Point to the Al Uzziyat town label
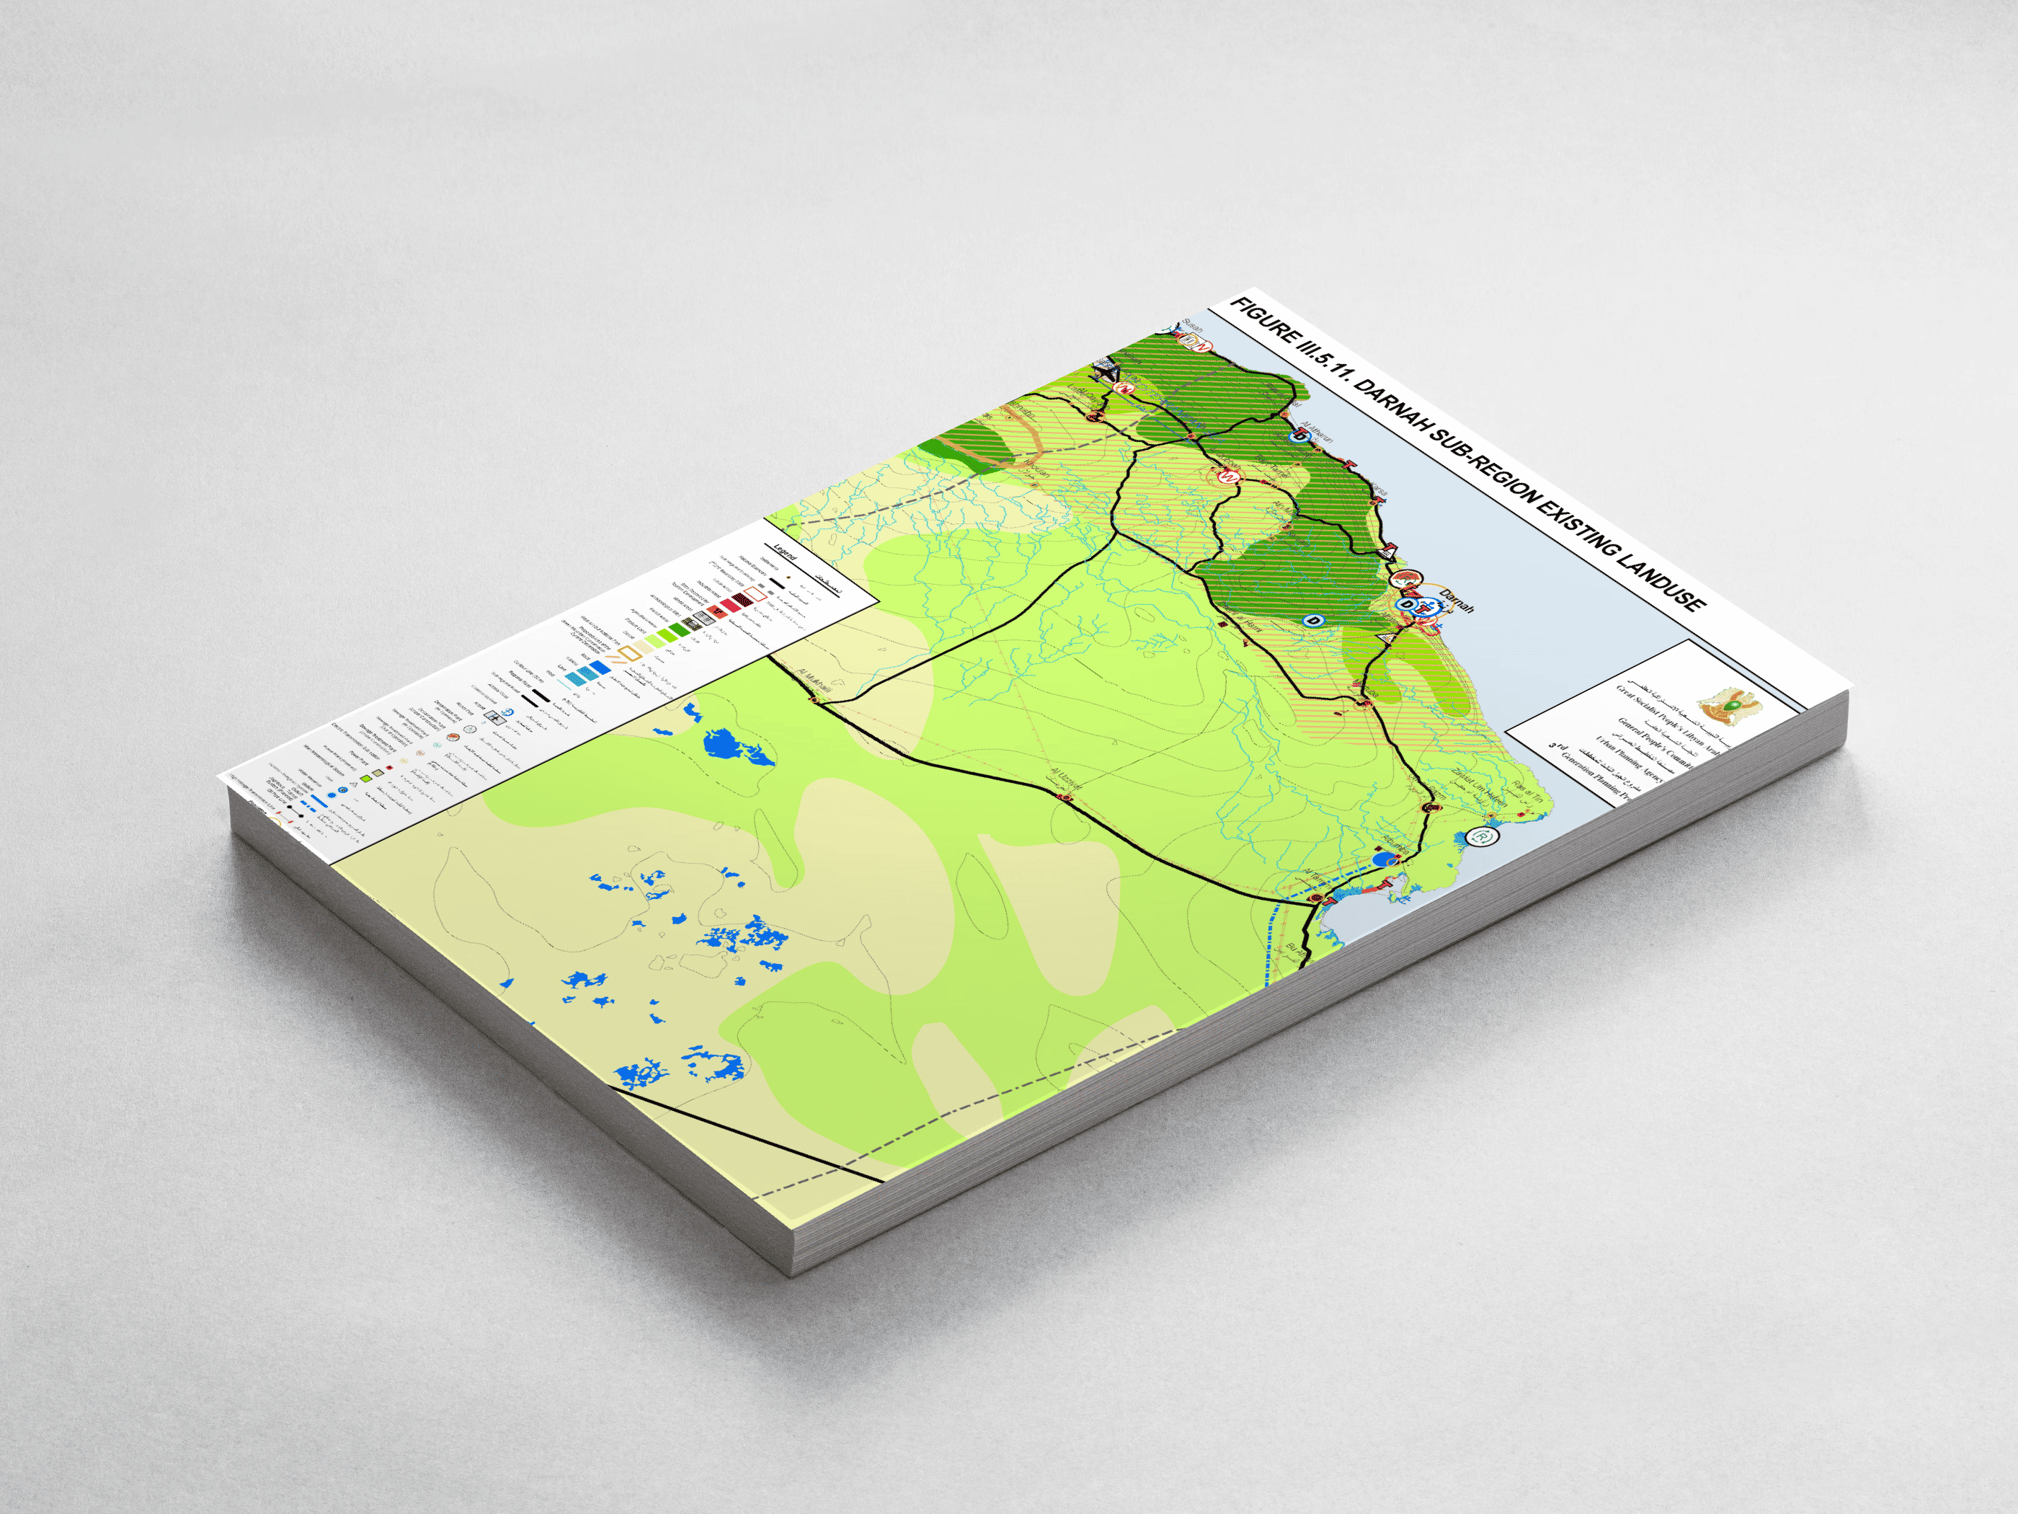1065,780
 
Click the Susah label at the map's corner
1192,326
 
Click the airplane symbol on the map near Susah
1106,370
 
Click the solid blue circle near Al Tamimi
1383,859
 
